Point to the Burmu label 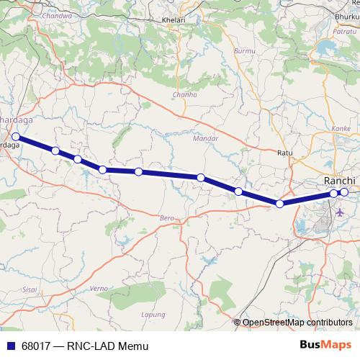coord(245,52)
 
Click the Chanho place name coord(184,94)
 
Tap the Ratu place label coord(286,153)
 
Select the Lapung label coord(154,314)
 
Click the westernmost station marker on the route coord(16,135)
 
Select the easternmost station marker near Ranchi coord(344,192)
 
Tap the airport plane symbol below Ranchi coord(340,213)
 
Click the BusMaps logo coord(325,346)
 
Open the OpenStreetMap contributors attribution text coord(297,322)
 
